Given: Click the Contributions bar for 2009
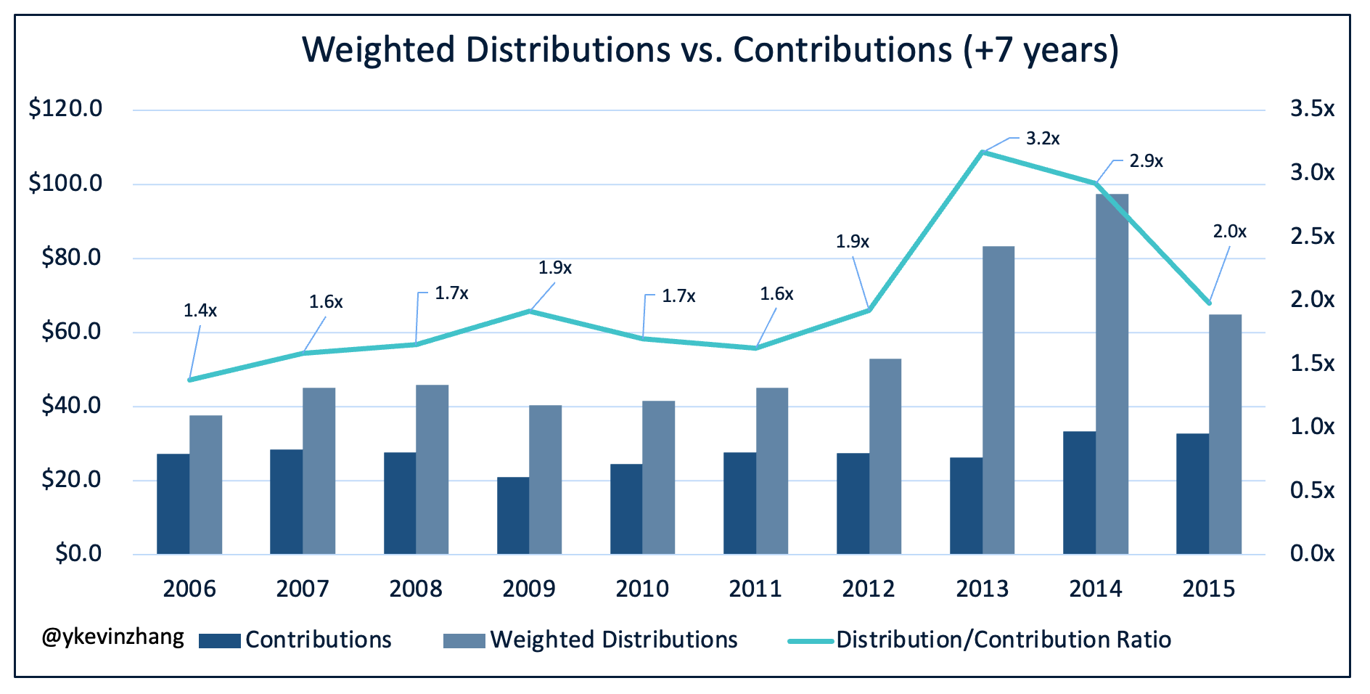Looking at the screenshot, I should (x=513, y=515).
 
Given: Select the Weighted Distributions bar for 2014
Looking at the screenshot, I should (x=1112, y=374).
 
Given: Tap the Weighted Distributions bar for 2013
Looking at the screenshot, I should (x=998, y=400).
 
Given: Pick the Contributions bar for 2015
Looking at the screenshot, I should (x=1192, y=494).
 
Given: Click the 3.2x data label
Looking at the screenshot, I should (x=1043, y=139).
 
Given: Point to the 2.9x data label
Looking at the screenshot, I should (x=1146, y=161).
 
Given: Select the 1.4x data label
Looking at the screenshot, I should (x=200, y=311).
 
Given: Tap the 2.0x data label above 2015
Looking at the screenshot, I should (x=1229, y=232).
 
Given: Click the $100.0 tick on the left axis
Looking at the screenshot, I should (x=65, y=183).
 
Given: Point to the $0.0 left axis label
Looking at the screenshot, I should (x=78, y=553).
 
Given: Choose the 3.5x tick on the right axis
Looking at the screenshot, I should (x=1312, y=109).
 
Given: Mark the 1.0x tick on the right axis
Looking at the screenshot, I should (x=1312, y=426).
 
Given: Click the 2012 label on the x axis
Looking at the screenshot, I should (x=869, y=588).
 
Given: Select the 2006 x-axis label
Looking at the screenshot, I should (x=189, y=588).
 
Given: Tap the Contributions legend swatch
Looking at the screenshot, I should (x=219, y=640).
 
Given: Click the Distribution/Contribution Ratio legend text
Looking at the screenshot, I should (x=1003, y=640).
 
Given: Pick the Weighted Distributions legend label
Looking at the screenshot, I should (x=614, y=640).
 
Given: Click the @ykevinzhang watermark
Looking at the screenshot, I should (x=113, y=637).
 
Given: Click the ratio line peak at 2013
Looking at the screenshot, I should (x=982, y=152).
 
